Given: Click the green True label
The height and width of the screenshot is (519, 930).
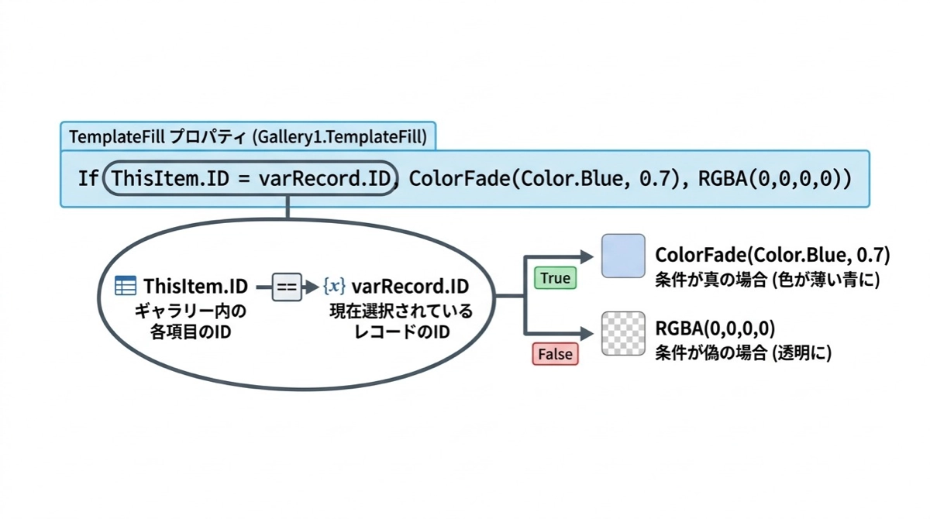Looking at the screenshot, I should pos(555,278).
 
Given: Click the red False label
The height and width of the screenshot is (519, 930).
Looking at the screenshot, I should pos(555,354).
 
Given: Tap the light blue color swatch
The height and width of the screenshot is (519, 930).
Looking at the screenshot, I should pos(623,256).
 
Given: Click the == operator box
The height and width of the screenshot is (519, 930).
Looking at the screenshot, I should pos(287,287).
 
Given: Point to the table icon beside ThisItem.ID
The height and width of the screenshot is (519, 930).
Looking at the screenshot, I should pos(126,286).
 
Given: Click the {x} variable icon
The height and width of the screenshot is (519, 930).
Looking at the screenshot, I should pos(334,287).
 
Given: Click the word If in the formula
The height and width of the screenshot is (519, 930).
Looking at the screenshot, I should pos(88,179).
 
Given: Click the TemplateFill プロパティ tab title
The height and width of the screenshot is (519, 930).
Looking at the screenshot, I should pos(248,137).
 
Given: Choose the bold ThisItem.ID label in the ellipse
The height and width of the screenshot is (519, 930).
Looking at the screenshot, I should pos(195,287).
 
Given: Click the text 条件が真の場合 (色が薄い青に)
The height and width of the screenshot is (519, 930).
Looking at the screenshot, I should pos(767,279).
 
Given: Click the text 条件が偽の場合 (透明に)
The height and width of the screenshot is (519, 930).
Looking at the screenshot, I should pos(743,353).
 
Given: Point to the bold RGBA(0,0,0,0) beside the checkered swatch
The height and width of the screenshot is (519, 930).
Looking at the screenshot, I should pos(715,329).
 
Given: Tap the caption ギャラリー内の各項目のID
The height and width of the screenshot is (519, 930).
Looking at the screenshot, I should pos(191,324).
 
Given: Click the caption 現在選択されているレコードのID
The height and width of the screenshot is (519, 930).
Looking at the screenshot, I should pos(400,324).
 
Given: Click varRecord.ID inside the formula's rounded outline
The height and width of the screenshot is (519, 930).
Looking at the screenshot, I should pos(324,179).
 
